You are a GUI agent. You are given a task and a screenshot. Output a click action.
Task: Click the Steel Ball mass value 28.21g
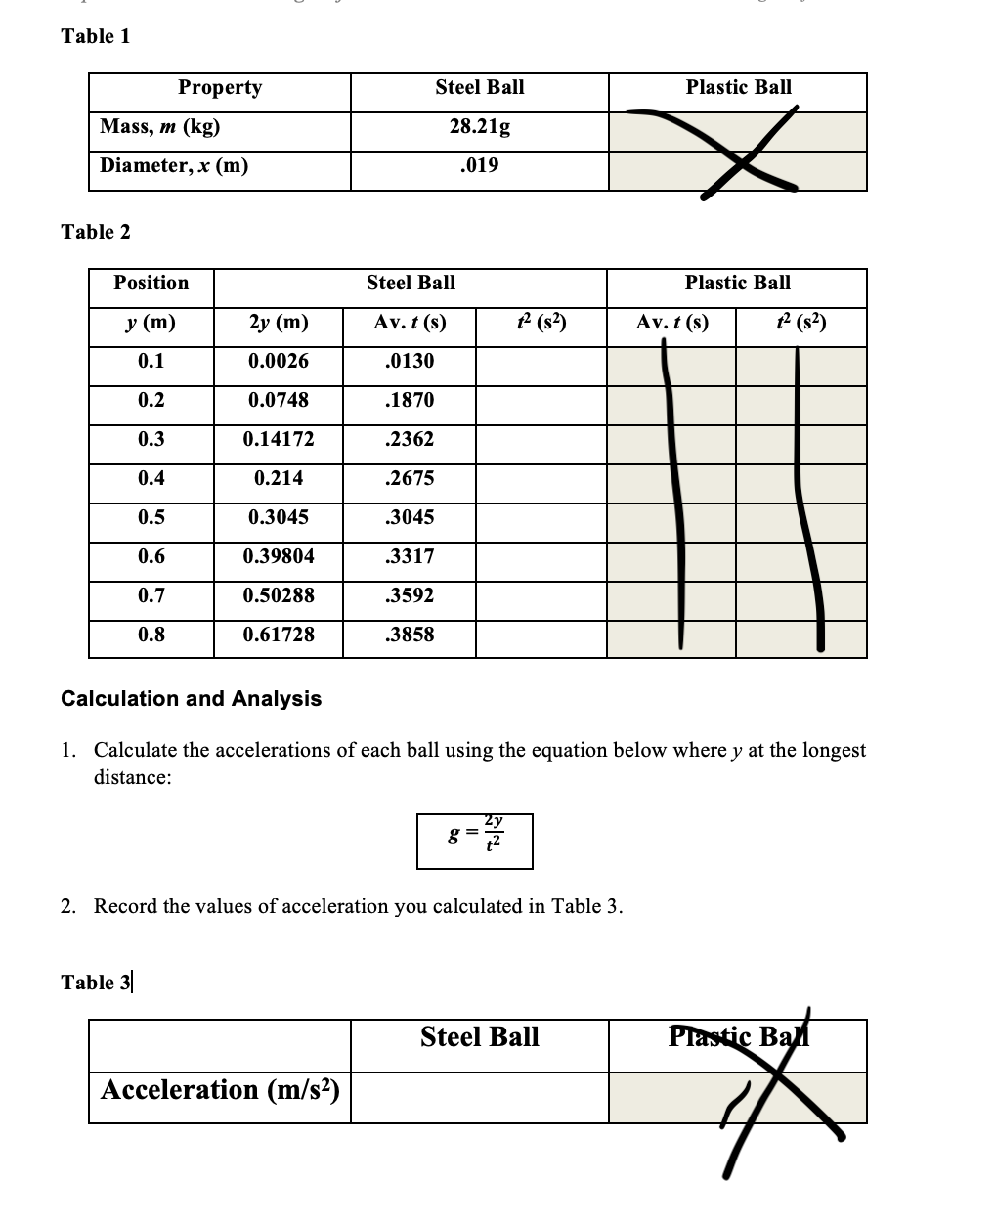point(479,127)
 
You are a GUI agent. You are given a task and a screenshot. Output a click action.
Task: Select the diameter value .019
point(479,165)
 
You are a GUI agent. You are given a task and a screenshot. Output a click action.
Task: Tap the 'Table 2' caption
point(96,232)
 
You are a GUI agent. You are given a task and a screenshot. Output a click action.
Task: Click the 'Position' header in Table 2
point(151,284)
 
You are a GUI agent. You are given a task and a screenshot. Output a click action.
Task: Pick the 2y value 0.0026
point(279,362)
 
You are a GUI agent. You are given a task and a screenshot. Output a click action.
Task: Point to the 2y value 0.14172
point(279,440)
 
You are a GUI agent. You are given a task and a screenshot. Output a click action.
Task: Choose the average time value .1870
point(410,401)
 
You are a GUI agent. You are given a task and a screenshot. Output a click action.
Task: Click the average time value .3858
point(410,635)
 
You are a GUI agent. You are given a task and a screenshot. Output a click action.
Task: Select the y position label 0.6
point(151,557)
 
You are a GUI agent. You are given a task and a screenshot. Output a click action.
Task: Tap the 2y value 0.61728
point(279,635)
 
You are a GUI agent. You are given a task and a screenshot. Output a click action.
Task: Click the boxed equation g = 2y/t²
point(475,841)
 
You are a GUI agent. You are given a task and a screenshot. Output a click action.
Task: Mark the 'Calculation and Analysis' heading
point(192,699)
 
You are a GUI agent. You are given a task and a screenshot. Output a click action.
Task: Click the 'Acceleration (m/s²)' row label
point(220,1090)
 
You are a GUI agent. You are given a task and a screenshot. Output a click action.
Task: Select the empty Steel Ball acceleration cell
point(479,1097)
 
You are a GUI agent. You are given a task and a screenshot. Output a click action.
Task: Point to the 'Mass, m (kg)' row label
point(160,127)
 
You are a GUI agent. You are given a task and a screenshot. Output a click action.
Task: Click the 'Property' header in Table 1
point(220,88)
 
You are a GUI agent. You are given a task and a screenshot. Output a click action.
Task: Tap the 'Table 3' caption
point(96,983)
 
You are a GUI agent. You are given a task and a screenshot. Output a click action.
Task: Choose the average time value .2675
point(410,479)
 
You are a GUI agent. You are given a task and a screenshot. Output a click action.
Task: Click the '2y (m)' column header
point(279,323)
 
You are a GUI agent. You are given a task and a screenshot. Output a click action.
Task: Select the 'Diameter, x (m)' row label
point(174,165)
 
